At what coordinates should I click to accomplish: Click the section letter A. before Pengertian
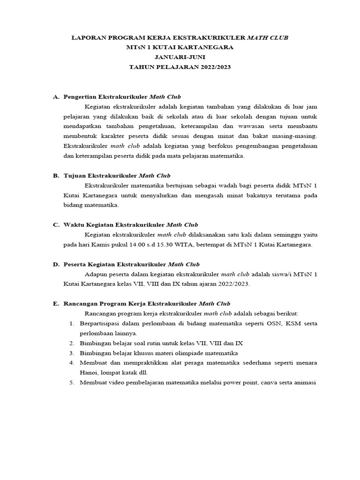(x=56, y=97)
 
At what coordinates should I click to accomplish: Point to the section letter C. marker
(x=56, y=225)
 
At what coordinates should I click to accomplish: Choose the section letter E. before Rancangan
(x=56, y=304)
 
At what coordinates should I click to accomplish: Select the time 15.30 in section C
(x=159, y=245)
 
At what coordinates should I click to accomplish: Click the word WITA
(x=181, y=245)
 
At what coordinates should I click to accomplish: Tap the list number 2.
(x=72, y=343)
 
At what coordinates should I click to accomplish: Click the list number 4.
(x=72, y=363)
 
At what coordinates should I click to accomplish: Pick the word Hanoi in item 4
(x=89, y=373)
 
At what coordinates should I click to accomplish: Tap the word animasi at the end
(x=305, y=382)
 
